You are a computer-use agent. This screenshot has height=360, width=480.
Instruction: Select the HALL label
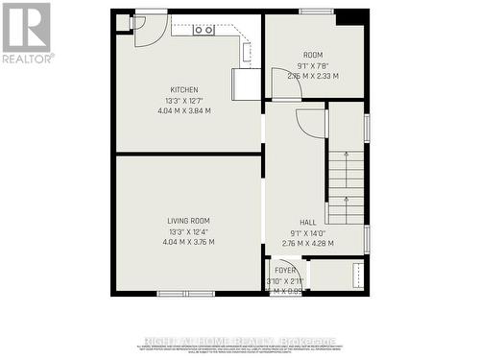pos(308,222)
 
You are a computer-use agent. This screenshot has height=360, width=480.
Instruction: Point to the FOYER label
pos(286,271)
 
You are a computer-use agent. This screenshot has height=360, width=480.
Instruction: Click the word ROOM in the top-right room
pos(313,55)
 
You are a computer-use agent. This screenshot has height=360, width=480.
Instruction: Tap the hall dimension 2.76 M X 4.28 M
pos(309,243)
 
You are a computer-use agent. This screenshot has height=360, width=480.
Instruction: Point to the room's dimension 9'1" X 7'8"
pos(313,65)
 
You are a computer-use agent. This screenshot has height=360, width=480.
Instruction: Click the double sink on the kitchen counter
pos(204,30)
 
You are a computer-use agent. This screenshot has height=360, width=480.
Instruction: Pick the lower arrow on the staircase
pos(345,204)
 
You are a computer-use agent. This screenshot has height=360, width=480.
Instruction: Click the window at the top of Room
pos(316,12)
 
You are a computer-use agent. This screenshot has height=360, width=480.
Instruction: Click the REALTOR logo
pos(26,32)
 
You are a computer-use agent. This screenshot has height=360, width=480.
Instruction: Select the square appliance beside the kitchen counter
pos(247,84)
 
